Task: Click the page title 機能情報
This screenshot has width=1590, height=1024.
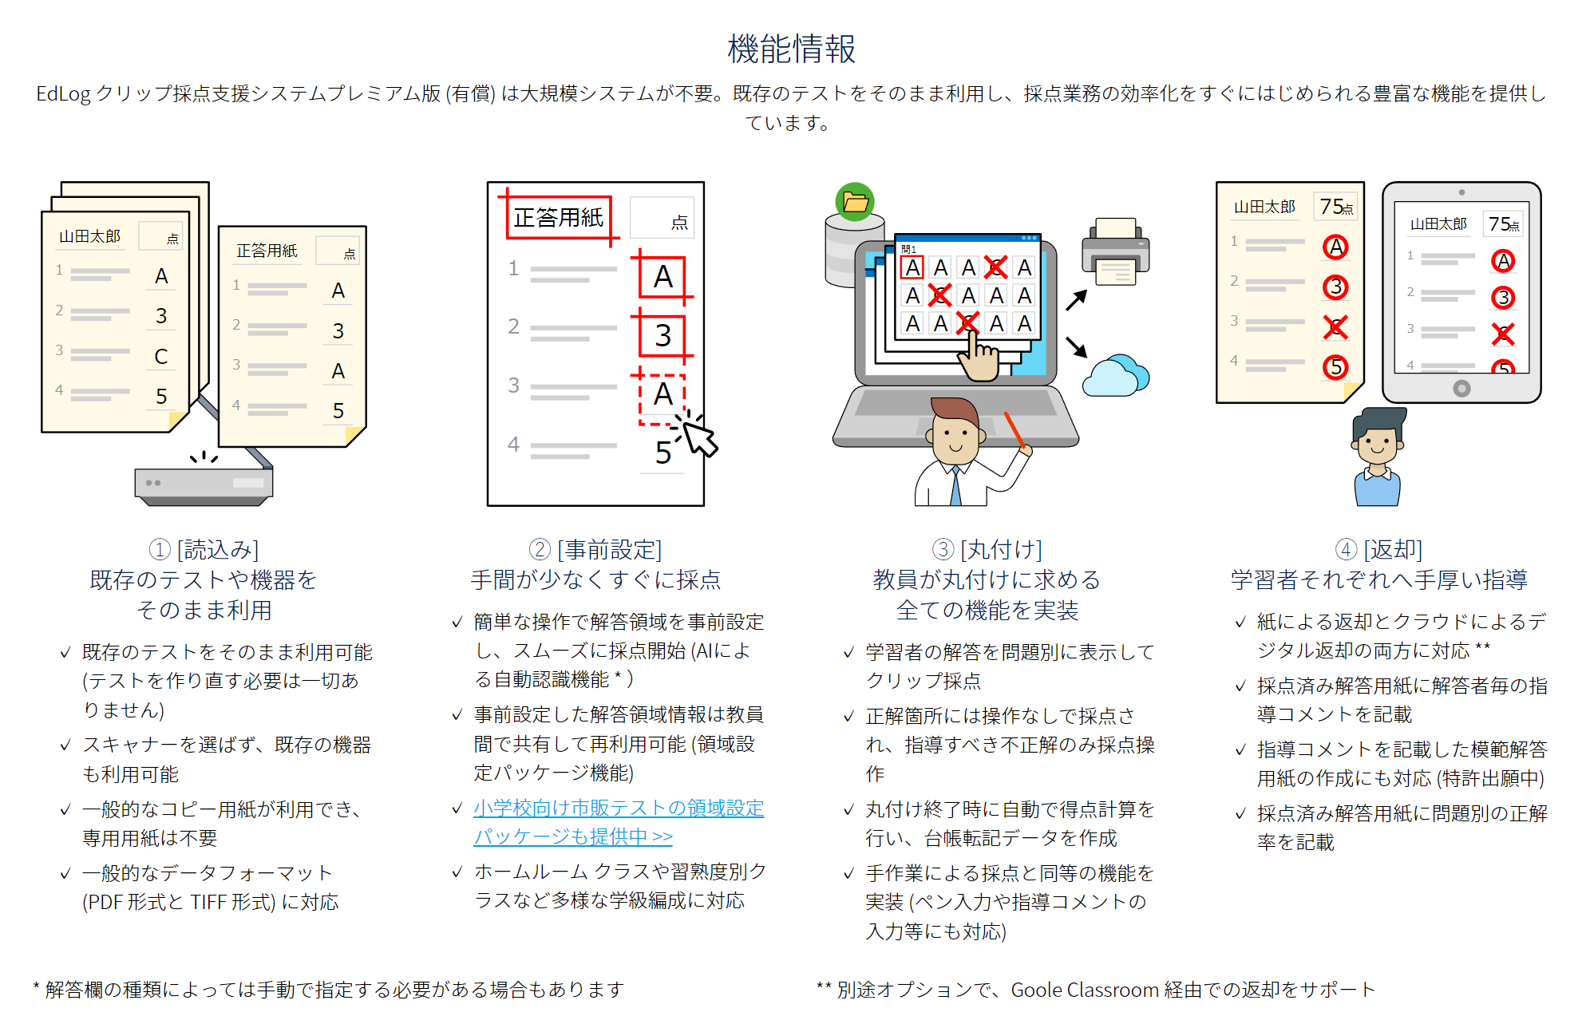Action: point(791,49)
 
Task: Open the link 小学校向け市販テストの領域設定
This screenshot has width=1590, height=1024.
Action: point(619,808)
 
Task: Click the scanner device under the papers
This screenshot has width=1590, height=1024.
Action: point(204,484)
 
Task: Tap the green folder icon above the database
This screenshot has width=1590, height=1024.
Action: point(855,202)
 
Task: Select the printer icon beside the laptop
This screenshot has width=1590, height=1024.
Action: point(1115,251)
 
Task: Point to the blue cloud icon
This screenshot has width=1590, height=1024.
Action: point(1115,376)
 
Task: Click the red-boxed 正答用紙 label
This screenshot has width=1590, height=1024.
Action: point(559,217)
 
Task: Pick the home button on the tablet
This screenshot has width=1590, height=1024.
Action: point(1461,389)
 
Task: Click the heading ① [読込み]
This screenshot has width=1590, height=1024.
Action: point(204,549)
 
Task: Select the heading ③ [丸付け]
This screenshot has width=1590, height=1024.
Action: point(987,549)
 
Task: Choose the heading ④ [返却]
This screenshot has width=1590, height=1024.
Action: point(1378,549)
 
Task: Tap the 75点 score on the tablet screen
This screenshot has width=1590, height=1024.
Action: point(1503,224)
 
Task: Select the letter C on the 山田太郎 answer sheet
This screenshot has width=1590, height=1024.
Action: point(161,356)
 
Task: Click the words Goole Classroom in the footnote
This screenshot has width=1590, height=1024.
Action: point(1084,990)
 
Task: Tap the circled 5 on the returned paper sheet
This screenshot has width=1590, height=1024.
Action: point(1335,367)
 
